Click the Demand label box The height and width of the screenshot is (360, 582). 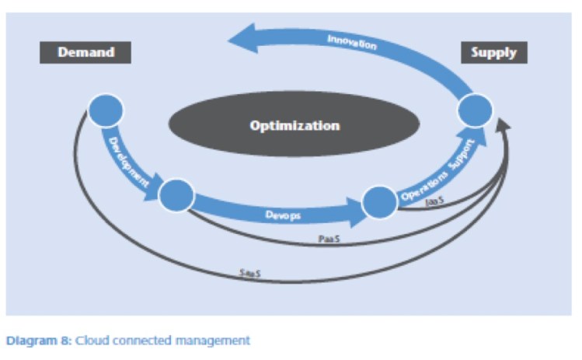pos(86,53)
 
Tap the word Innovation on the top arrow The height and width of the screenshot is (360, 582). pos(351,42)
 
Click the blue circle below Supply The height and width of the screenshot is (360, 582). pos(474,110)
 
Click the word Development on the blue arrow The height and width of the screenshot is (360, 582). pos(129,156)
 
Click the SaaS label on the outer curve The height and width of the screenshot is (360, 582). pos(248,273)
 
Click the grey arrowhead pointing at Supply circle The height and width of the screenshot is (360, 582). pos(505,124)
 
